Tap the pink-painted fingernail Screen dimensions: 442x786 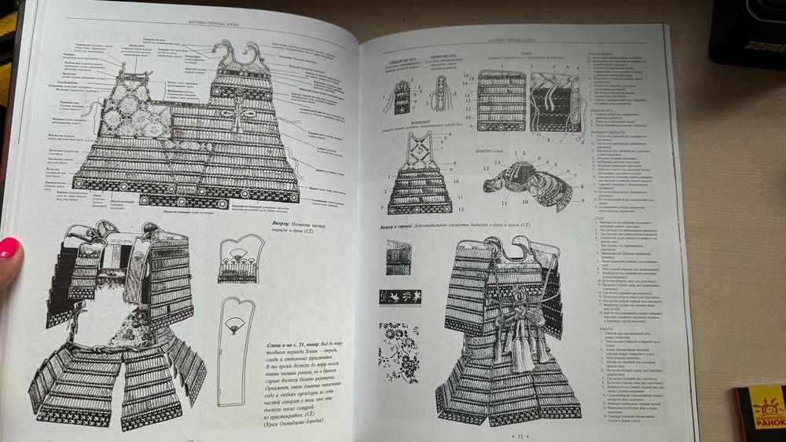(x=9, y=248)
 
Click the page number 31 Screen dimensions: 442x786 (x=519, y=431)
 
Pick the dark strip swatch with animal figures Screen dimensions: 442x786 (x=400, y=298)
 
